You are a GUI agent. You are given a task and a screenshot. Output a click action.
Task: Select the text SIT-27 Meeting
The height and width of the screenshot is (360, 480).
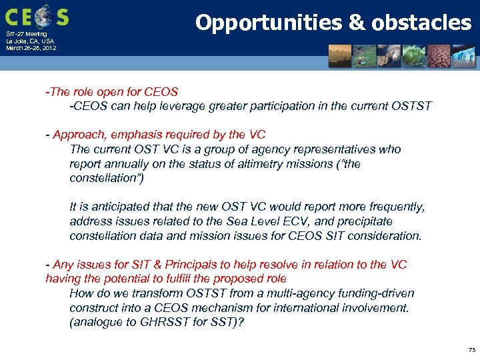point(27,34)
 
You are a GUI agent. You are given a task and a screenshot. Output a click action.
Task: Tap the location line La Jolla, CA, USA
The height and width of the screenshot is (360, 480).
point(30,41)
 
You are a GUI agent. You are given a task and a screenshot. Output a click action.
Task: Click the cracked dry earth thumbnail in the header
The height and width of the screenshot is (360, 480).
point(439,57)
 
